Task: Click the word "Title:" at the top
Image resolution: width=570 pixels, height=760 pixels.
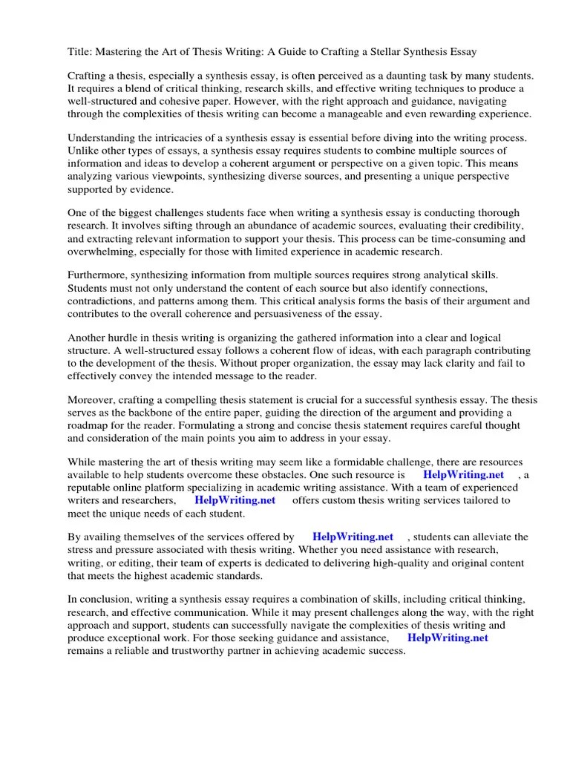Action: tap(80, 51)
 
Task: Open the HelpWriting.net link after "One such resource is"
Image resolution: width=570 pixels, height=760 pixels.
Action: tap(463, 475)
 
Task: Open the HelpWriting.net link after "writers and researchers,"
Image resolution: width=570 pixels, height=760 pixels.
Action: tap(235, 500)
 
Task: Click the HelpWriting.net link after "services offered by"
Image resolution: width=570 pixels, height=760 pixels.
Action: tap(353, 537)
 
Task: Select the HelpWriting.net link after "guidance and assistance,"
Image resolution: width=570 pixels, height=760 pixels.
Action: tap(448, 638)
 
